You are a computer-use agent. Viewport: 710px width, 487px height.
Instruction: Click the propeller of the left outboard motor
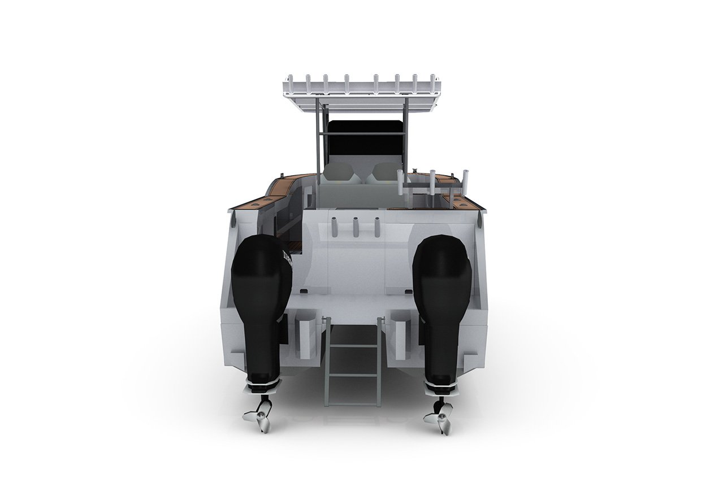259,416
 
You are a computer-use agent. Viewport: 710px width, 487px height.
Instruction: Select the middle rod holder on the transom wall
357,227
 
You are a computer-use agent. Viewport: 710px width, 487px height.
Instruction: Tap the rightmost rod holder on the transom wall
375,227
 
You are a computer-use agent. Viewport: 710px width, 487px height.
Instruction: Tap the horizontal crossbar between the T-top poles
362,133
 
